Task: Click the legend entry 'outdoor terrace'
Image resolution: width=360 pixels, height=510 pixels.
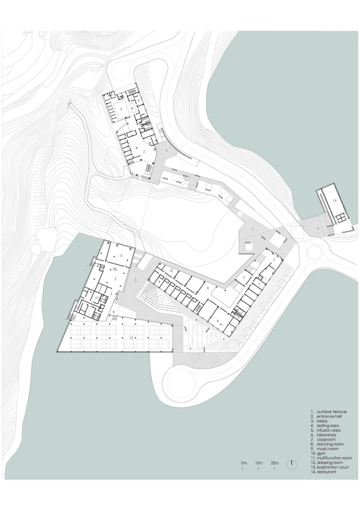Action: pyautogui.click(x=331, y=412)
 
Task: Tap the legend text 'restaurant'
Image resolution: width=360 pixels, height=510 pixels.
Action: pyautogui.click(x=326, y=472)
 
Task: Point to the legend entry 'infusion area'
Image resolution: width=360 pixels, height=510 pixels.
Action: pyautogui.click(x=328, y=430)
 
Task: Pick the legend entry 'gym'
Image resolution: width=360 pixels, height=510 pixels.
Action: pyautogui.click(x=321, y=453)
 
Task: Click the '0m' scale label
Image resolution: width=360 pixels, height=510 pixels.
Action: pyautogui.click(x=244, y=462)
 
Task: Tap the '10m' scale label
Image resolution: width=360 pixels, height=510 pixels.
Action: pyautogui.click(x=259, y=462)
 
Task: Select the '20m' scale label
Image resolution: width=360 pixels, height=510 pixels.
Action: pyautogui.click(x=274, y=462)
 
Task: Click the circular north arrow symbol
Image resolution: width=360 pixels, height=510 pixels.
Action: pyautogui.click(x=292, y=466)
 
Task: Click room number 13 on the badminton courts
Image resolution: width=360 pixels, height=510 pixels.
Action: pyautogui.click(x=131, y=336)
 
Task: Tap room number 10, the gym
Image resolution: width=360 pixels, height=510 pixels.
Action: pyautogui.click(x=172, y=270)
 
